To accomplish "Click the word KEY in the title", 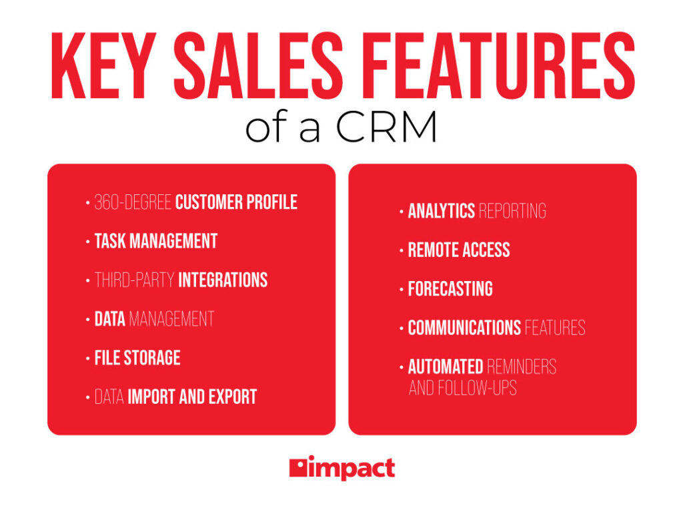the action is [x=103, y=66].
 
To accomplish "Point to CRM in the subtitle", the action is [x=386, y=127].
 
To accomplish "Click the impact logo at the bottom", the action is [x=342, y=468].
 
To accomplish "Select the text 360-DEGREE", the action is [x=133, y=202].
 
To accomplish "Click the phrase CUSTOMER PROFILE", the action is [x=236, y=202].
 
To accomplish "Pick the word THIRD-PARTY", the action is [x=135, y=280].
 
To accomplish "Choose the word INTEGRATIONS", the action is [x=223, y=280].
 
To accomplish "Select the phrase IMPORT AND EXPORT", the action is [x=192, y=397].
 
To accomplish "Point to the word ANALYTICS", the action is [x=442, y=211].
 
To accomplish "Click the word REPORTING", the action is [x=512, y=211].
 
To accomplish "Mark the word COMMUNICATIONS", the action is [x=464, y=328].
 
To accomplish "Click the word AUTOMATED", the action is [x=446, y=367].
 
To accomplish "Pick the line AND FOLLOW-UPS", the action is [x=463, y=388].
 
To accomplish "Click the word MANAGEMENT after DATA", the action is [x=171, y=319].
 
